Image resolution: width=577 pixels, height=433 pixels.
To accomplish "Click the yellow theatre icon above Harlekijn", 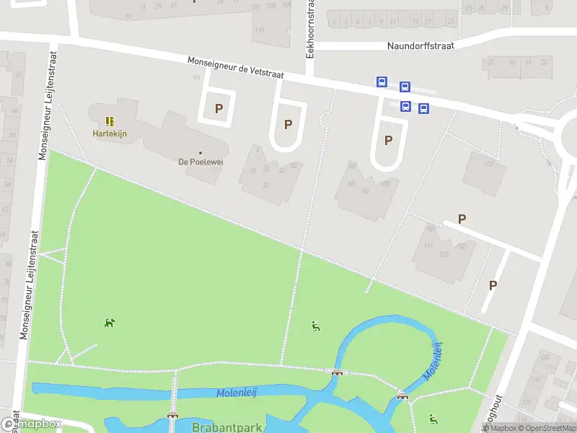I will click(x=110, y=121).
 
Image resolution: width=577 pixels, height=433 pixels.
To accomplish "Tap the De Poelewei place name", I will click(x=201, y=162).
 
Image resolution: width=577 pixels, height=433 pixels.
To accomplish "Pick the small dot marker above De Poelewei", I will click(x=201, y=152).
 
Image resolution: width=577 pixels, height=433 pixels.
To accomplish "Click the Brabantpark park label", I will click(x=226, y=427).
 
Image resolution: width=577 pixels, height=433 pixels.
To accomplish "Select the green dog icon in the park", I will click(x=109, y=323).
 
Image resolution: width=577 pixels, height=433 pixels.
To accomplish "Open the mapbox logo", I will click(x=31, y=424).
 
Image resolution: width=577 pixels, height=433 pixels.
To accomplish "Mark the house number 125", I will click(x=445, y=255).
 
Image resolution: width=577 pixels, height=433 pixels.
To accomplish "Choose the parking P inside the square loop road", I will click(x=218, y=109).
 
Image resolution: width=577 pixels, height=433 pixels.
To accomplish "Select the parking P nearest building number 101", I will click(x=462, y=219).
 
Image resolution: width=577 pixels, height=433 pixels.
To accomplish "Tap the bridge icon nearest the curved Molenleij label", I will click(x=402, y=395).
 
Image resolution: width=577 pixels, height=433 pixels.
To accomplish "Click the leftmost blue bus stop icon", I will click(x=381, y=82).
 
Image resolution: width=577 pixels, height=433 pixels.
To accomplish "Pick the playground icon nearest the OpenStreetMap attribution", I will click(x=433, y=419).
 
